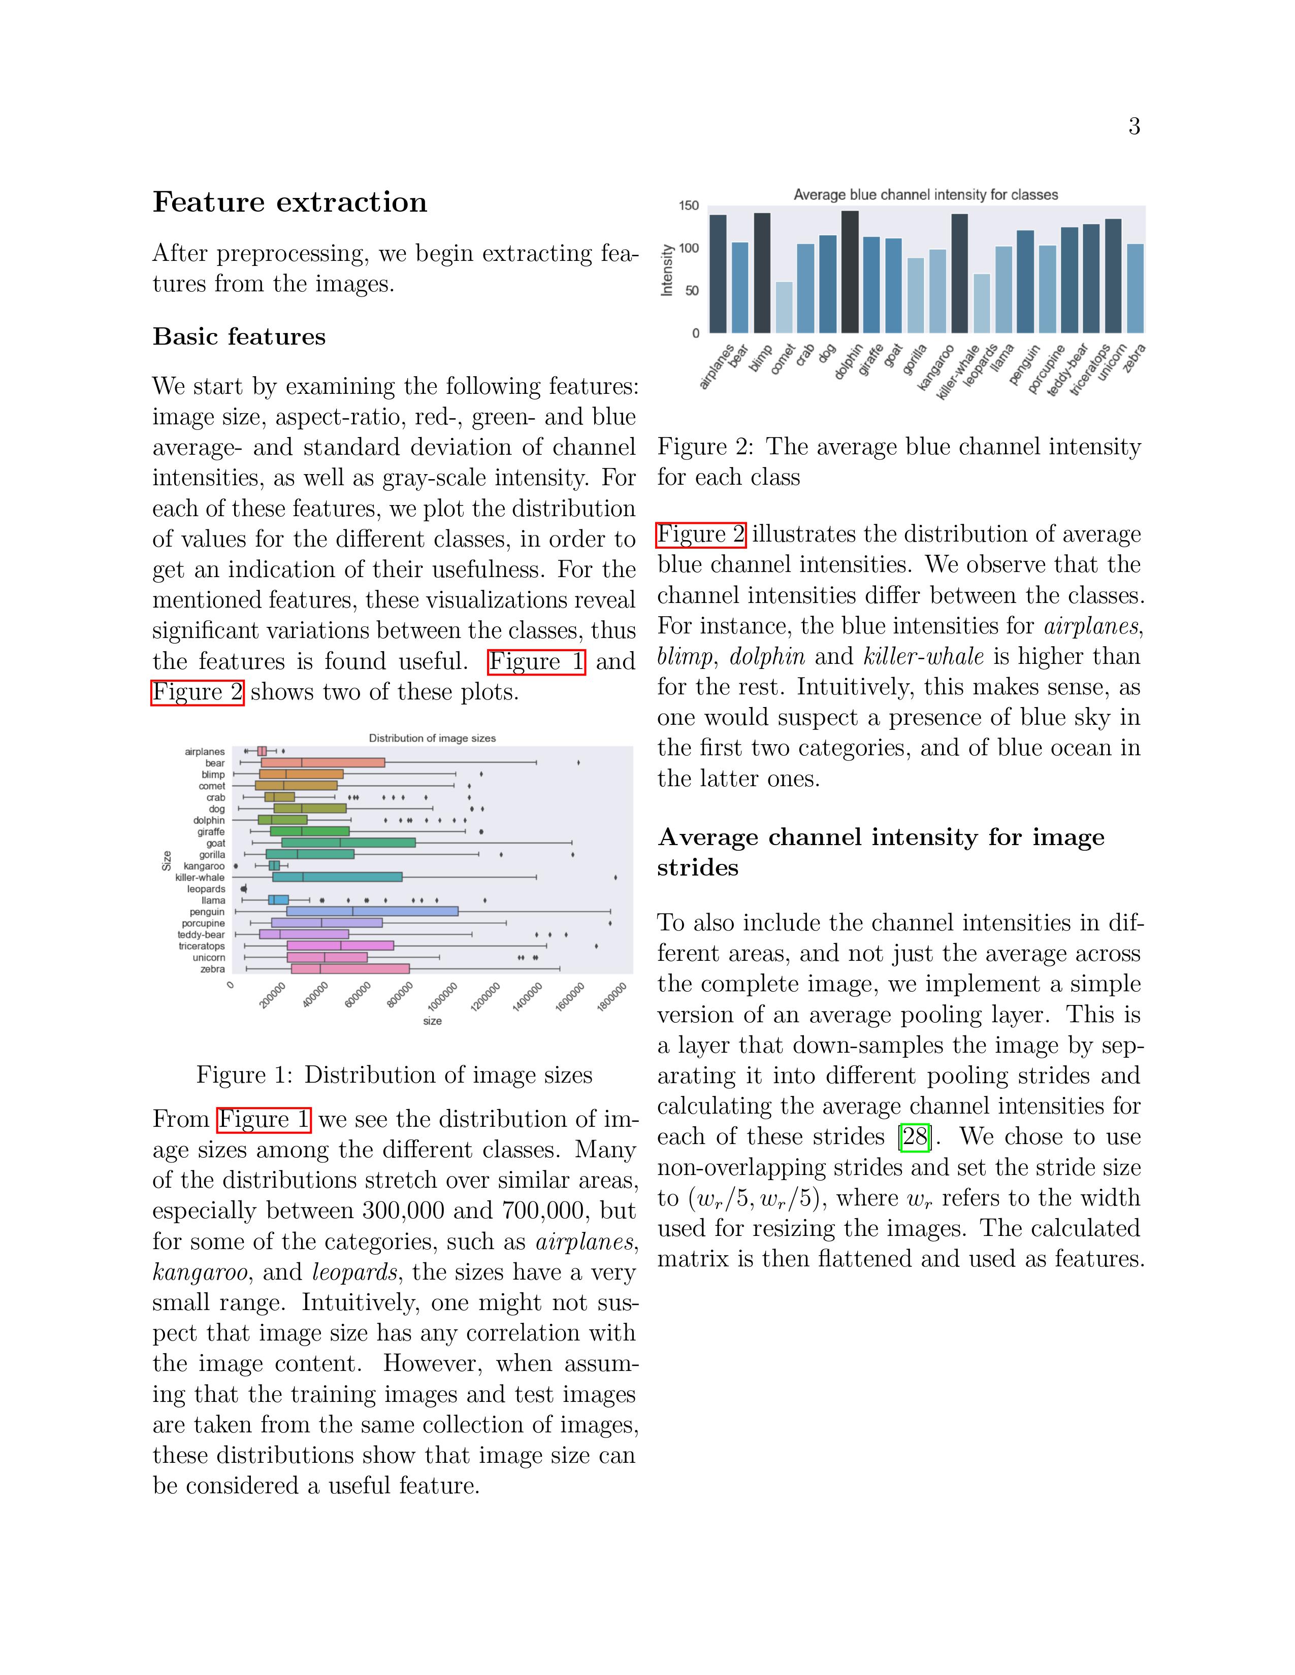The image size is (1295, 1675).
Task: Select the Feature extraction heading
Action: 290,203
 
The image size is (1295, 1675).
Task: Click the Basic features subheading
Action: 239,337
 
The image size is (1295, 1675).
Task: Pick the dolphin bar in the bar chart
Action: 849,272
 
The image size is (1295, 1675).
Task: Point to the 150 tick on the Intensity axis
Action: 689,206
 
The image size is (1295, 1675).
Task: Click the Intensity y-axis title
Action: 667,270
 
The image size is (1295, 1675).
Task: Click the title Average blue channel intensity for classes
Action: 925,195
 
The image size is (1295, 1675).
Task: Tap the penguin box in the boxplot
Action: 372,911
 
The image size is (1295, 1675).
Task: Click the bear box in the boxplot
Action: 322,762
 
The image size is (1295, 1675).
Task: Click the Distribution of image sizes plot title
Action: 432,738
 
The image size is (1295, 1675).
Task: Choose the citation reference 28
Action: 915,1136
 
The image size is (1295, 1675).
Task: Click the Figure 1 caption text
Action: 394,1075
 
